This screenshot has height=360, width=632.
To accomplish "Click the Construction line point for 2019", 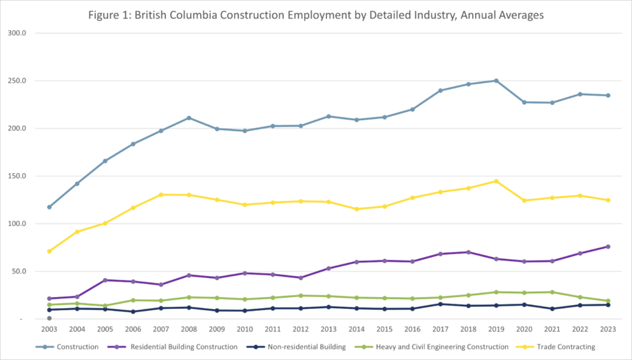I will pos(496,81).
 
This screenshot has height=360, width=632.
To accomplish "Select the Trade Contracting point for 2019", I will pos(496,181).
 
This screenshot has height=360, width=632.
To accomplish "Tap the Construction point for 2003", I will pos(49,207).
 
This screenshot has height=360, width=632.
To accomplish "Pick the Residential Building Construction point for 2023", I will pos(608,247).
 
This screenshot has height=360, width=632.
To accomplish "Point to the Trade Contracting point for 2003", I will pos(49,251).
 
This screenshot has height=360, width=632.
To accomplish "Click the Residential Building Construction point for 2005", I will pos(105,280).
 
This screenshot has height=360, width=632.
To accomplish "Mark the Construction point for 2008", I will pos(189,118).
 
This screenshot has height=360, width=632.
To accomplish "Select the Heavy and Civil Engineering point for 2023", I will pos(608,301).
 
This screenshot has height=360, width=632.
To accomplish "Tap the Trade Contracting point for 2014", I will pos(356,209).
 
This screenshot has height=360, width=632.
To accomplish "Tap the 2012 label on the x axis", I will pos(300,329).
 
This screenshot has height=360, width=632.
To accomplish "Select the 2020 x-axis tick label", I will pos(524,329).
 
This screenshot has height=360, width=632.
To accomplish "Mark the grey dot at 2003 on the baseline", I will pos(49,319).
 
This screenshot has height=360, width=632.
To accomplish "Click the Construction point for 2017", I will pos(440,90).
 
